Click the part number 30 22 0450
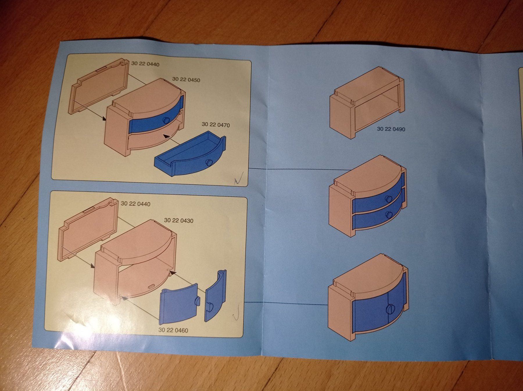point(186,79)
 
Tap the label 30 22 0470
point(216,125)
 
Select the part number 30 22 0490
point(391,129)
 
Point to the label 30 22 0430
point(178,220)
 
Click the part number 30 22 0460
point(173,330)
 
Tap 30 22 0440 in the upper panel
point(145,64)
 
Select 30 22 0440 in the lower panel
point(135,204)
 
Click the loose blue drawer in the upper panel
point(190,153)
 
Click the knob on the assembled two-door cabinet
point(390,309)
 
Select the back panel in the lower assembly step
point(89,227)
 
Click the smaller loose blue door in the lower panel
point(216,295)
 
